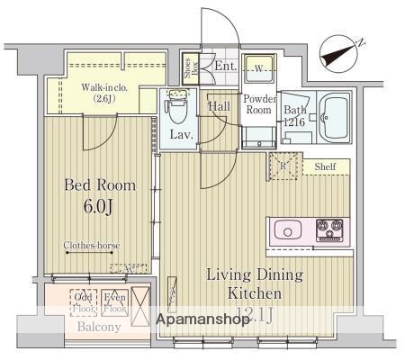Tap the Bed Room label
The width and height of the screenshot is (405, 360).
pos(100,185)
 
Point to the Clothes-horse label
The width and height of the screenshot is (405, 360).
pos(92,246)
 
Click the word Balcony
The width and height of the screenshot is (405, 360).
pos(99,327)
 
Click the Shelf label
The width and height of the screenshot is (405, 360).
pos(326,167)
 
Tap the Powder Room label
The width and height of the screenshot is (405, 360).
pos(257,103)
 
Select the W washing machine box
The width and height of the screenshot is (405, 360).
pos(258,69)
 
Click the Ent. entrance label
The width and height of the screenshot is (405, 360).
pos(224,66)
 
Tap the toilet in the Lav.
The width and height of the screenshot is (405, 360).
pos(176,112)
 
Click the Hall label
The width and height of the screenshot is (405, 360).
pos(220,106)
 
